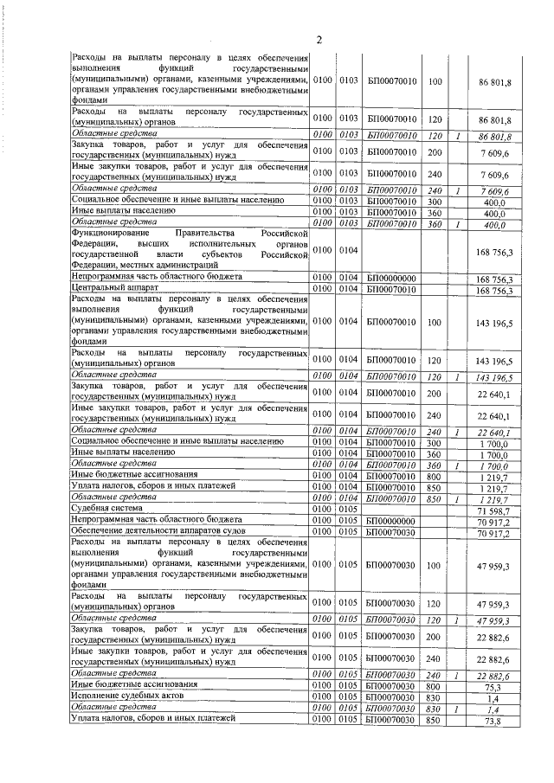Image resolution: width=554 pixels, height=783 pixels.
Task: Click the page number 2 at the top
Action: pos(319,39)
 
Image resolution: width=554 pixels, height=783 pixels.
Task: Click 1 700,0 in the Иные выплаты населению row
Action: pos(494,454)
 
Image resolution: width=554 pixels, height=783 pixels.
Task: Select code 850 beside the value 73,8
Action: pos(435,719)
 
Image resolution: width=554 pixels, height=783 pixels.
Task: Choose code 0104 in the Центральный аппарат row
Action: pos(349,289)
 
